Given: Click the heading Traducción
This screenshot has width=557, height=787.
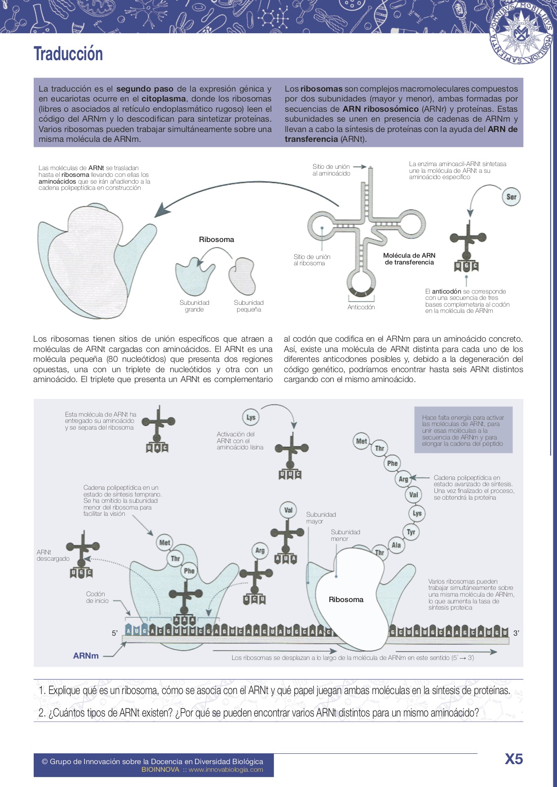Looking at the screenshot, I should [68, 54].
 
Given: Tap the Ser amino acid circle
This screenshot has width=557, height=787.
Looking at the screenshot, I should [511, 197].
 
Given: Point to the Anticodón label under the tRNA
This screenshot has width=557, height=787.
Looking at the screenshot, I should [361, 307].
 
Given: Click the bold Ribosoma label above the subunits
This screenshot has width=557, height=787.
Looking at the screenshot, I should [217, 240].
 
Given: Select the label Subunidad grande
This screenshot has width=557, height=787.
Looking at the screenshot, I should [195, 306].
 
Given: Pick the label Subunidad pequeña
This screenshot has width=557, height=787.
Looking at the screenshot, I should [249, 306].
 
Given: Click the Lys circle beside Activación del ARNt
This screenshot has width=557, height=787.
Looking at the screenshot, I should [251, 417].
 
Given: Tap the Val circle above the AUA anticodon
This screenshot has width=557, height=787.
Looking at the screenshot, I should [288, 510].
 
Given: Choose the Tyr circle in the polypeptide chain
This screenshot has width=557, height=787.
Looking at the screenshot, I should [411, 532].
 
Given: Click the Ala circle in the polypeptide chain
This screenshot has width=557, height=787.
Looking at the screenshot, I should [396, 545].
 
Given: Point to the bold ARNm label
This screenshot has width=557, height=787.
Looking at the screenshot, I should [86, 656].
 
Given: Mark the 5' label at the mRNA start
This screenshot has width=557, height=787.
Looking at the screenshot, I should [115, 633].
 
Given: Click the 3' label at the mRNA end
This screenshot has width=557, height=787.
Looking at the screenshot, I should [516, 633].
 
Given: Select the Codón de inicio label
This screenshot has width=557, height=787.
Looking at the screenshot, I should [97, 597].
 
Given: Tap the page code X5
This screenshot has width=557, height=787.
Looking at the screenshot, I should [514, 759].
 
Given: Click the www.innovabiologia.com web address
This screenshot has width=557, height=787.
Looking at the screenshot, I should [225, 769].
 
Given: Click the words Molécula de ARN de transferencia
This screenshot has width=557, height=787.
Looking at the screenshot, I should [409, 259].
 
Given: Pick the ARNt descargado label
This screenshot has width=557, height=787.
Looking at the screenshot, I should [53, 555].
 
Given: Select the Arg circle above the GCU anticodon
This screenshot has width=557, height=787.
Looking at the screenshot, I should [260, 550].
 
